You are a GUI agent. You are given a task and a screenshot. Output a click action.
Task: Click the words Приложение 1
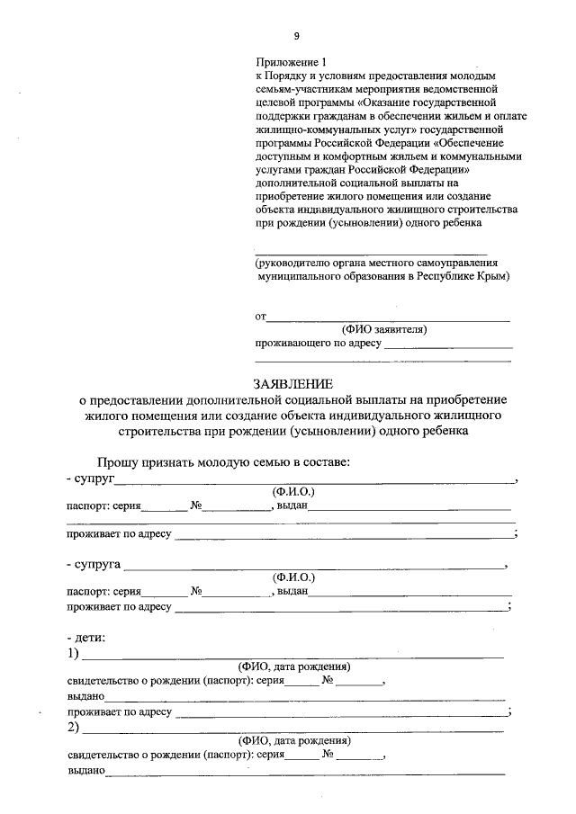pyautogui.click(x=289, y=63)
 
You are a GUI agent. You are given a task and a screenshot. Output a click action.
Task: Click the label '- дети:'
pyautogui.click(x=85, y=638)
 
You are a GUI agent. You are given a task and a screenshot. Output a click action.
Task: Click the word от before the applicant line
pyautogui.click(x=261, y=317)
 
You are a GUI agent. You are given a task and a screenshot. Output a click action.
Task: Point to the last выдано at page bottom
pyautogui.click(x=86, y=770)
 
